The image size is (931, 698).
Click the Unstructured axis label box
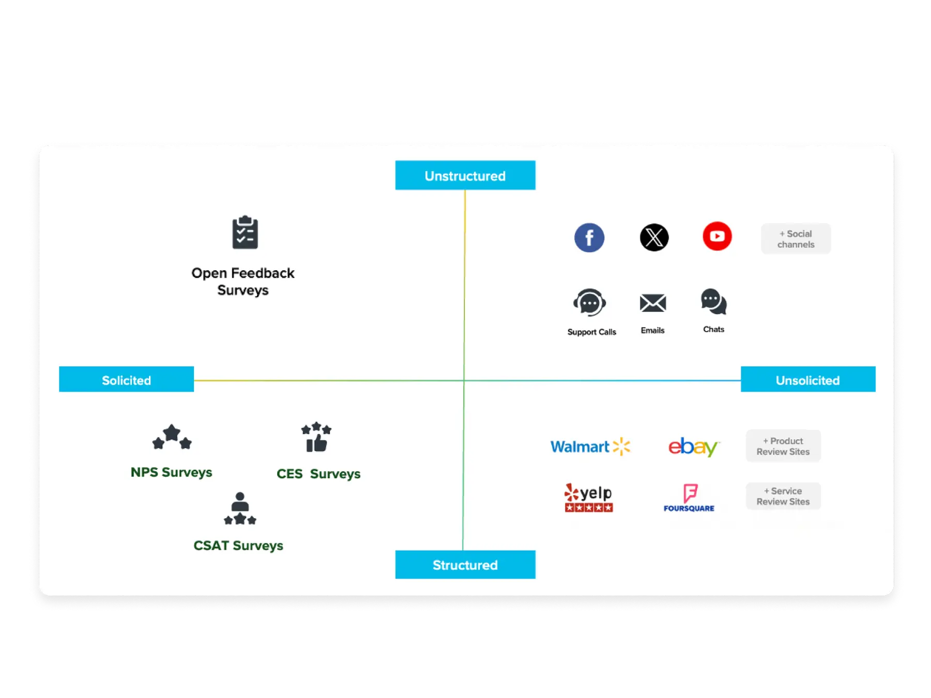coord(465,176)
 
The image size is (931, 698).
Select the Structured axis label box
coord(465,565)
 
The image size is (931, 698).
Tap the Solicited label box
coord(126,380)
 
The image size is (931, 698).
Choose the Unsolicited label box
coord(808,380)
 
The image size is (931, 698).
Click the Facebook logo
coord(589,238)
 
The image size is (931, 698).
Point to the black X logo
coord(654,238)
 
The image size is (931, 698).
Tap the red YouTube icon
coord(717,236)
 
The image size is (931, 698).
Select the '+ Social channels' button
coord(796,239)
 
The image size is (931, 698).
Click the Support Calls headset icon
coord(590,303)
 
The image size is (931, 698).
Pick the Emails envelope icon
coord(653,303)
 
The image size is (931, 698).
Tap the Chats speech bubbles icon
coord(714,302)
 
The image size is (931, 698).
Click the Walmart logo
coord(590,446)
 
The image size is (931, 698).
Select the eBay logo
coord(693,447)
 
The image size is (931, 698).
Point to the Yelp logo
coord(589,498)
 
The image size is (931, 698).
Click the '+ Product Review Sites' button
coord(783,446)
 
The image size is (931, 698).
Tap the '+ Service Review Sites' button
coord(783,496)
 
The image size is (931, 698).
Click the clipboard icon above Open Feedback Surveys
coord(245,232)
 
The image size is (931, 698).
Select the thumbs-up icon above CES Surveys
coord(316,438)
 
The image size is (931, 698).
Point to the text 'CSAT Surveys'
coord(238,546)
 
